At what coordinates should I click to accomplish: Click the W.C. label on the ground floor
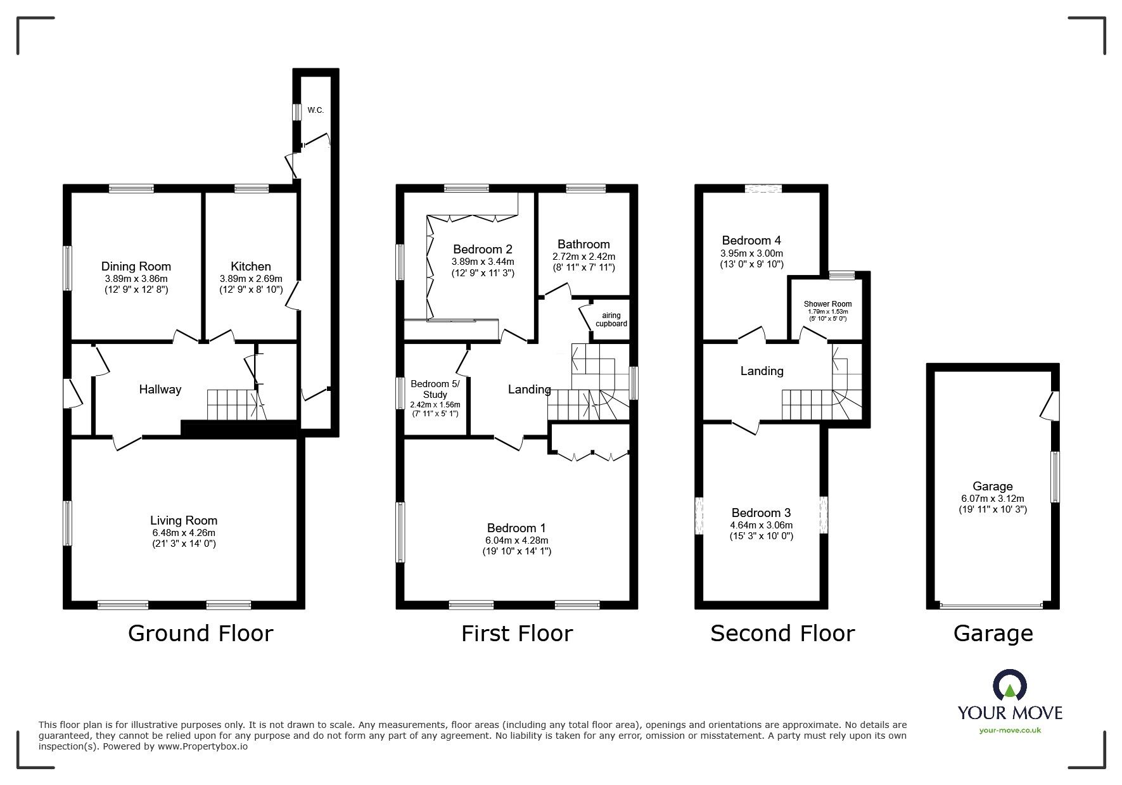(316, 110)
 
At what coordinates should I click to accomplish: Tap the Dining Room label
(136, 267)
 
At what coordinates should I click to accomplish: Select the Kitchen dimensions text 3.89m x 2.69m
(251, 279)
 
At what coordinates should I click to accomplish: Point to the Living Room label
(184, 520)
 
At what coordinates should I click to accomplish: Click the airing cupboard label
(611, 319)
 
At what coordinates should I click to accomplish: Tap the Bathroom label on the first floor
(583, 244)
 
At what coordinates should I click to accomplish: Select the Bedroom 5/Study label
(435, 389)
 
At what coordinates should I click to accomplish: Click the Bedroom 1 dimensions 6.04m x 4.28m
(517, 540)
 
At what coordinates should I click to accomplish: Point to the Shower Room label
(827, 304)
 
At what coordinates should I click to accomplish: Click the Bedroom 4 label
(751, 240)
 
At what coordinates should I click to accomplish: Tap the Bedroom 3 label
(761, 513)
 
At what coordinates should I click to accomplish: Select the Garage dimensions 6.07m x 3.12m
(992, 499)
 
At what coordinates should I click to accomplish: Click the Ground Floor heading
(200, 633)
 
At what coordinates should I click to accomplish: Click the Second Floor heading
(782, 633)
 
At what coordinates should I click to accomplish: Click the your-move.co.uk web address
(1010, 731)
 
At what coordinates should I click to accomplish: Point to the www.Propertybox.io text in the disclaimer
(203, 746)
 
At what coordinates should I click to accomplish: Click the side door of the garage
(1050, 405)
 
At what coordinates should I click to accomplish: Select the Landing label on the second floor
(762, 371)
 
